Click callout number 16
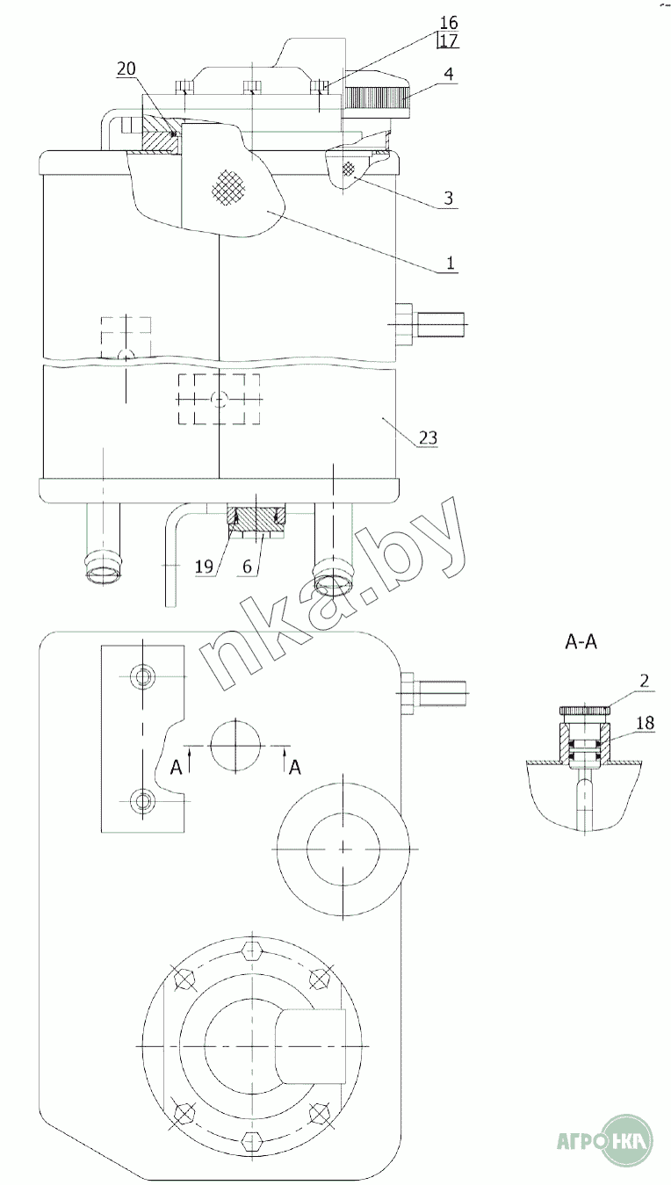[x=449, y=23]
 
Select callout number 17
[x=449, y=40]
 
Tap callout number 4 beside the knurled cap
[x=449, y=74]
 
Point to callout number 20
[x=126, y=69]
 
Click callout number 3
[x=449, y=198]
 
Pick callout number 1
[x=450, y=263]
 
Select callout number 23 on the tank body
[x=429, y=437]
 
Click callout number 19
[x=204, y=567]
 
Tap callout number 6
[x=248, y=567]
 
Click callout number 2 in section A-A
[x=644, y=681]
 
